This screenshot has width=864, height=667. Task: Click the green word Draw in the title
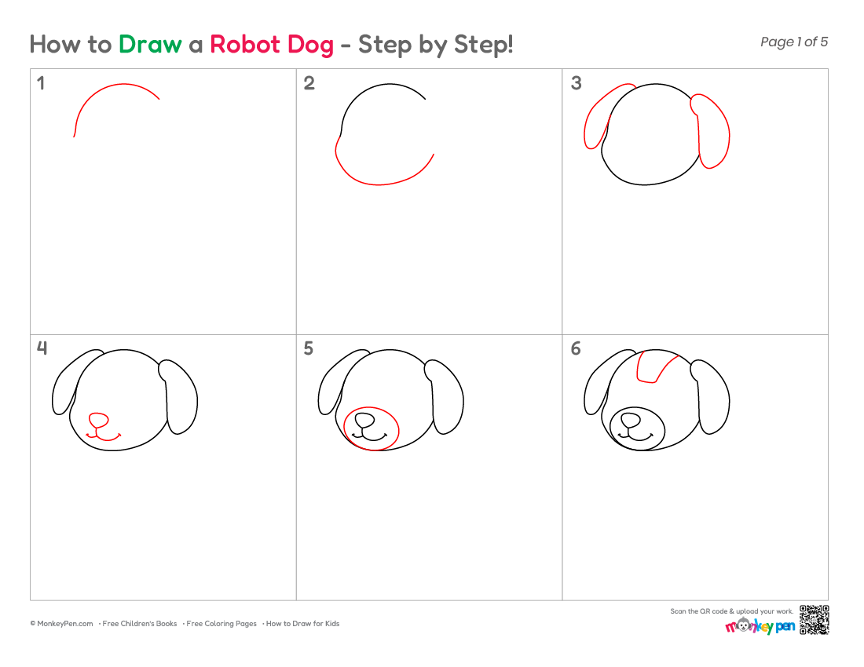(150, 44)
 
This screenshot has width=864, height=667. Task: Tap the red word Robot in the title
(244, 44)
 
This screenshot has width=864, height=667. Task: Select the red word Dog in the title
(310, 46)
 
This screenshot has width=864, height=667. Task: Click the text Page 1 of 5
(794, 42)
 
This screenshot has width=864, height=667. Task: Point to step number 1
(41, 83)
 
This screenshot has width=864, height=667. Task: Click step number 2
(309, 83)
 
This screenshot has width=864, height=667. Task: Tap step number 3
(576, 83)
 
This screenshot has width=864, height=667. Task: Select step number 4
(42, 348)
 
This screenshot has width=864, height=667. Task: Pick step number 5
(309, 348)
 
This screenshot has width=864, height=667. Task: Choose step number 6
(576, 348)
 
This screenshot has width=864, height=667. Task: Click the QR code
(815, 620)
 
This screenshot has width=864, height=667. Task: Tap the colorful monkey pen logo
(760, 625)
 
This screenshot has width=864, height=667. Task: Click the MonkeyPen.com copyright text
(62, 624)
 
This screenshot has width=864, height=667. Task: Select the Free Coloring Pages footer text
(221, 624)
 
